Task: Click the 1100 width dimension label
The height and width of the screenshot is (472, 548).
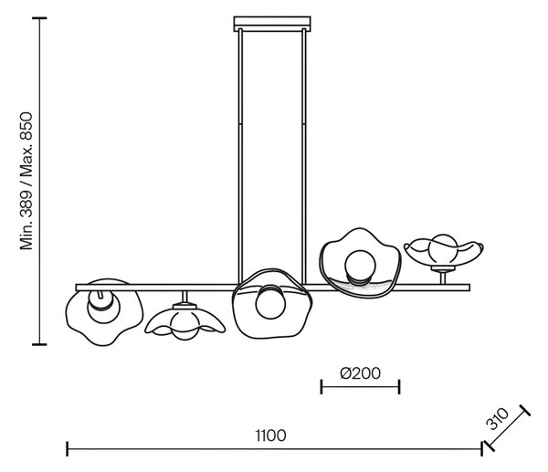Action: pos(271,435)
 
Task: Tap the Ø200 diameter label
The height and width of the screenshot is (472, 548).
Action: pos(361,373)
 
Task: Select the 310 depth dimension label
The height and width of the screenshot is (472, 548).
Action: pos(498,418)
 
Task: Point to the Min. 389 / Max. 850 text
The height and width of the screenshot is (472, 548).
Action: pos(26,181)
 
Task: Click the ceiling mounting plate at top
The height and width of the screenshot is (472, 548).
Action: pos(272,24)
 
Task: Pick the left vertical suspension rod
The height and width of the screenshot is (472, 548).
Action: pos(240,156)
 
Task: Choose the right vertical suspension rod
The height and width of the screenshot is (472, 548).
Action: pos(304,156)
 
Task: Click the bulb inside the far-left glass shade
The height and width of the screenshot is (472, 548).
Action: pos(103,306)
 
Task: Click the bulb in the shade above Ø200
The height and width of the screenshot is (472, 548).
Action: pos(360,267)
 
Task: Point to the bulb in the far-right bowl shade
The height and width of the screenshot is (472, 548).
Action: pos(443,249)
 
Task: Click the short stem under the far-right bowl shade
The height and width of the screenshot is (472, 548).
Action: pos(443,278)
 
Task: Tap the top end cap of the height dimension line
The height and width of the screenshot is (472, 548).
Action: pos(39,18)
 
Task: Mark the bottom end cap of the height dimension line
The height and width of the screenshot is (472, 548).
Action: pos(39,344)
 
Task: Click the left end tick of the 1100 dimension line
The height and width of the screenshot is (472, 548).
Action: pos(67,449)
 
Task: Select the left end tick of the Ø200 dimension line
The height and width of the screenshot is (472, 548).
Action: pos(321,387)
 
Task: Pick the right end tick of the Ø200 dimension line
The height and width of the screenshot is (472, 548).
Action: pos(399,387)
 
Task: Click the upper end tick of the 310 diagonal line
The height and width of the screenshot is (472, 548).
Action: pos(524,410)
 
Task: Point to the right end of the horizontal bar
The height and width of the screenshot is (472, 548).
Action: pos(469,288)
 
